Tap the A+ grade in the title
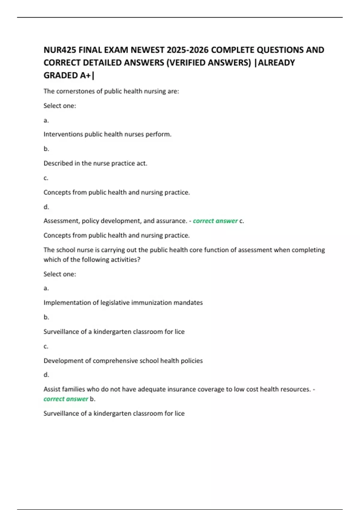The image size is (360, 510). click(85, 75)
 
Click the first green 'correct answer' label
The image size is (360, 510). click(215, 221)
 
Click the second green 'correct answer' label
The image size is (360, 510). click(66, 399)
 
